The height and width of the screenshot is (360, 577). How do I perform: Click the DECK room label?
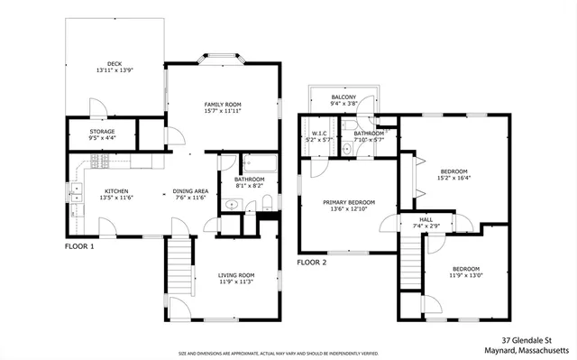[x=114, y=63]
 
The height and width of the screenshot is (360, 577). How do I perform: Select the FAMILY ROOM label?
[x=221, y=105]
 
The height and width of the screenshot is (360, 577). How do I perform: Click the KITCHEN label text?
[x=116, y=191]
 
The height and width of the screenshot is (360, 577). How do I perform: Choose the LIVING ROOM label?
[x=236, y=275]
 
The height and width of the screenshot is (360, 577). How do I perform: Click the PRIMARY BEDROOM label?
[x=348, y=203]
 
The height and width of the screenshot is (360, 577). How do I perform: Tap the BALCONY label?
[x=343, y=97]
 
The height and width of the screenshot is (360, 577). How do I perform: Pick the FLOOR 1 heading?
[x=79, y=245]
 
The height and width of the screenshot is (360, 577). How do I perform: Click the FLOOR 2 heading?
[x=312, y=263]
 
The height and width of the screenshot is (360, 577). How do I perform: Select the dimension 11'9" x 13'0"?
[x=466, y=276]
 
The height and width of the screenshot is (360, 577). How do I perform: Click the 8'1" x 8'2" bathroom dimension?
[x=249, y=186]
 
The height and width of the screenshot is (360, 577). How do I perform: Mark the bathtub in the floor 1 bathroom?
[x=262, y=163]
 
